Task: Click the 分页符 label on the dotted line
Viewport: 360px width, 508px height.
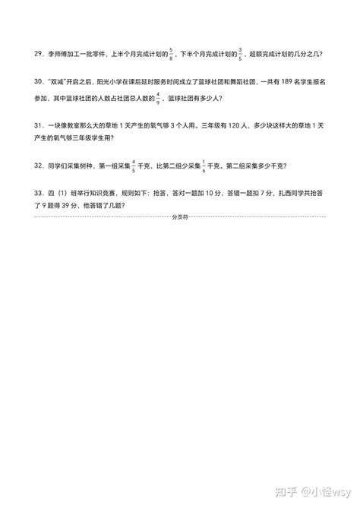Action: [180, 216]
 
